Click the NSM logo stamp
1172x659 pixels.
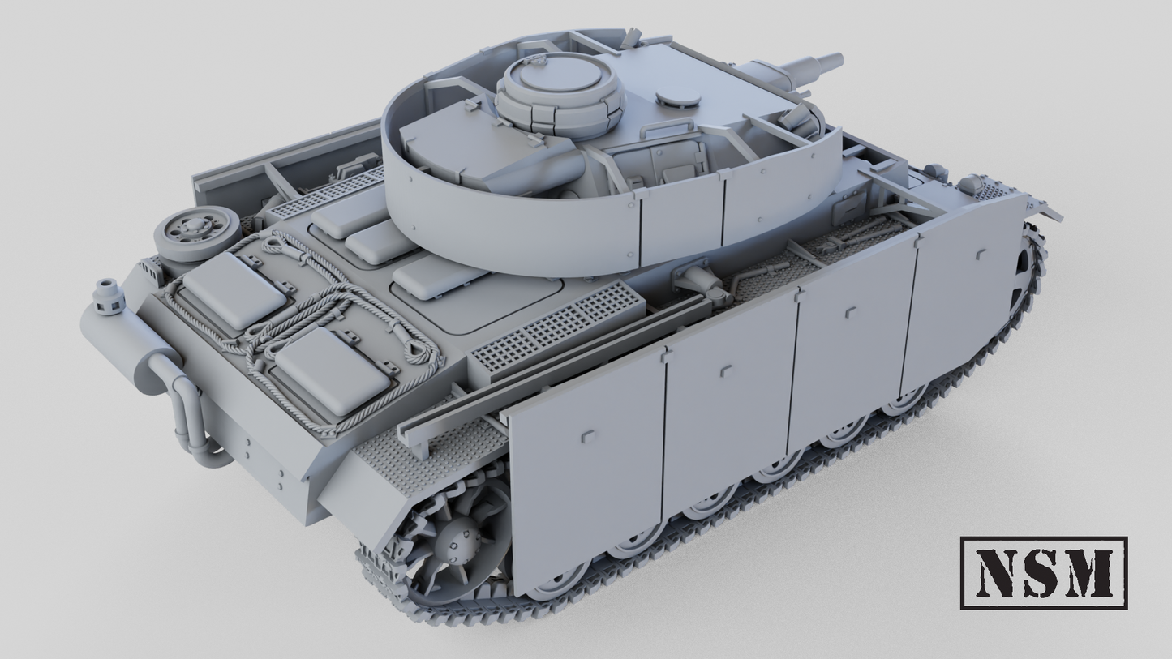(x=1044, y=573)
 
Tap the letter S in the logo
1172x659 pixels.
(x=1045, y=573)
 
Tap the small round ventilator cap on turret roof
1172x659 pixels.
(x=678, y=97)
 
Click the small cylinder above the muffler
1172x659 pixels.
(x=108, y=297)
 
